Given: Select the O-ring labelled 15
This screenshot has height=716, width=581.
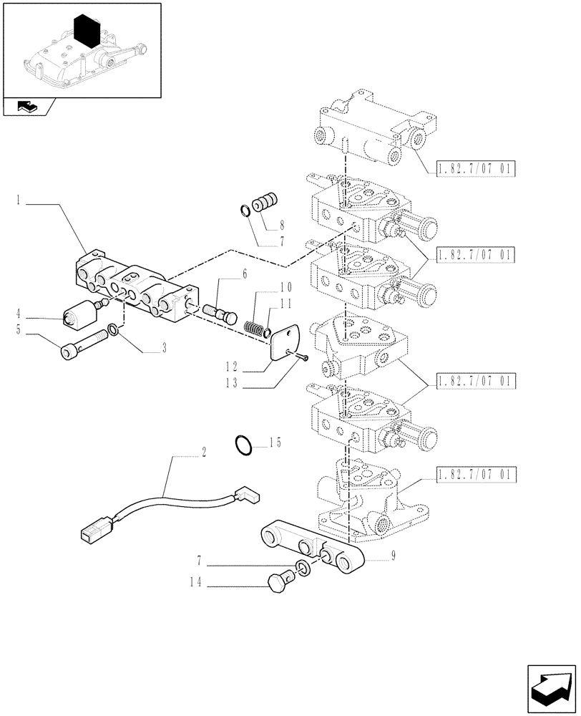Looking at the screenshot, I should click(x=243, y=445).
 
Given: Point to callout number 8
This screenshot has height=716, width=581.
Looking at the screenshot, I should click(x=282, y=223).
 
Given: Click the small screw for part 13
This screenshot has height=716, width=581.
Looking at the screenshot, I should click(x=303, y=357).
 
